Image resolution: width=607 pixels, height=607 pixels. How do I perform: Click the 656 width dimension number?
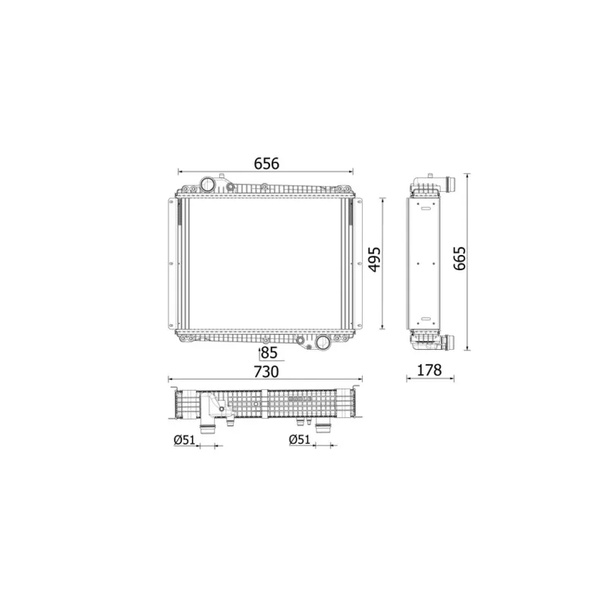[266, 164]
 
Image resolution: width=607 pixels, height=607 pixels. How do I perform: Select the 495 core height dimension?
[374, 259]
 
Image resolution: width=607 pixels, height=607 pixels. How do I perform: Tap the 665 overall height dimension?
[460, 258]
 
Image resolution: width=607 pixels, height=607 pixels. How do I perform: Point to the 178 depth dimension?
[429, 370]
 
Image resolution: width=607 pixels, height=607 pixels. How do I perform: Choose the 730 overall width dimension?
[266, 372]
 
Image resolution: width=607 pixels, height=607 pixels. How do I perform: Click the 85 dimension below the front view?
[269, 353]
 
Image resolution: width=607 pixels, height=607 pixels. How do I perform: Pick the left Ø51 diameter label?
[184, 440]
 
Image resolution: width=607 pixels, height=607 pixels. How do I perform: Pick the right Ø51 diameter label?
[300, 439]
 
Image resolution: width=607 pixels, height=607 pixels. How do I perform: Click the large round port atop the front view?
[207, 184]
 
